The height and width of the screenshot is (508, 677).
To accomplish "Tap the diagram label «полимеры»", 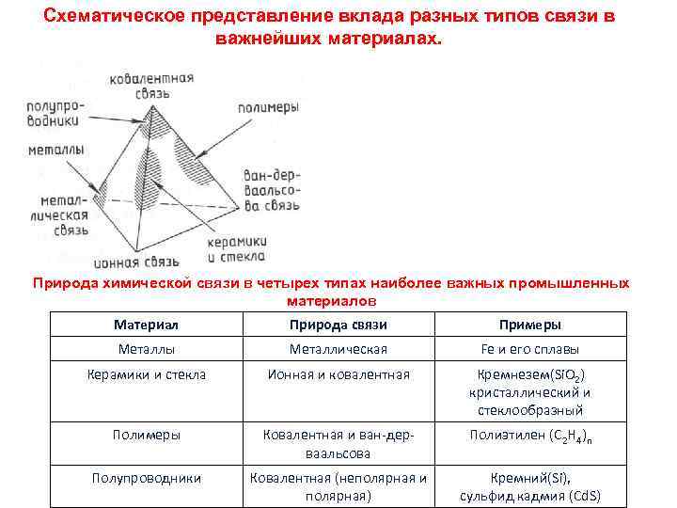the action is (267, 107).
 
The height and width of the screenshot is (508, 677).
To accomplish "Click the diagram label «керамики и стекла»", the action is (235, 249).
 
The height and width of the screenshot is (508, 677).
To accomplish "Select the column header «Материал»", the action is (146, 325).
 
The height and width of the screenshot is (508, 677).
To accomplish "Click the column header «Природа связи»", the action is (338, 325).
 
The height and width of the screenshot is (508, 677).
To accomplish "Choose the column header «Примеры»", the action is (530, 325).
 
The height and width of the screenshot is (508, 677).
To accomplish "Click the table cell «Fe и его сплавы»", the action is (530, 349).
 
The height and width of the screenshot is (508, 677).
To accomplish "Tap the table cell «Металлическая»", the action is (338, 349).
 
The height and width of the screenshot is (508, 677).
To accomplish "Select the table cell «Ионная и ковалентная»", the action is (338, 374).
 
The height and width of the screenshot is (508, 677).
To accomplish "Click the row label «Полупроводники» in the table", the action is (146, 478).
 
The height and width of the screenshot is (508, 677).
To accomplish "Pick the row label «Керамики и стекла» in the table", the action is (146, 374).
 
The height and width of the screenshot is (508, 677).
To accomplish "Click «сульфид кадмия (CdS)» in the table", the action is (530, 496).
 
